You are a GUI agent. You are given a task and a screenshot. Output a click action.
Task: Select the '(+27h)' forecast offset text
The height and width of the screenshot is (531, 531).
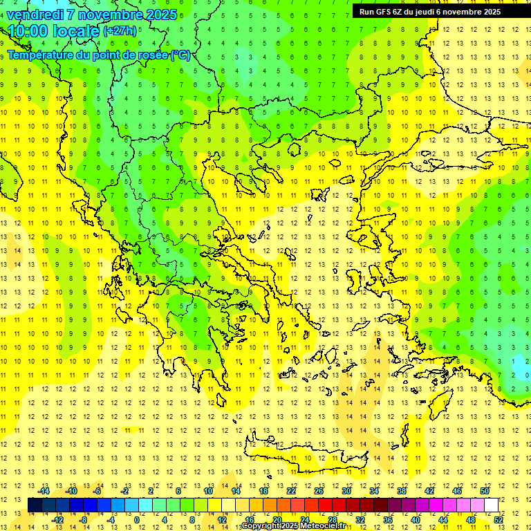(120, 31)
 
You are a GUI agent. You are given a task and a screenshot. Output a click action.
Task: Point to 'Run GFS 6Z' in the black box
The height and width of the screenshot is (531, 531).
(382, 12)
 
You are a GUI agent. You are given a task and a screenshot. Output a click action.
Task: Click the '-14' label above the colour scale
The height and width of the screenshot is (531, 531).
(44, 491)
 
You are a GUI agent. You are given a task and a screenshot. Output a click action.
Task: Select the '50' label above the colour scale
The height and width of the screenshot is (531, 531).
(484, 491)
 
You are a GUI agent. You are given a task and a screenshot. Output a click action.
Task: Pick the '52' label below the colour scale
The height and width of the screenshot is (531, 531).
(499, 520)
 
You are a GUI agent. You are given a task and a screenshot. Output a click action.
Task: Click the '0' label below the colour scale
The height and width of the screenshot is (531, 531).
(137, 520)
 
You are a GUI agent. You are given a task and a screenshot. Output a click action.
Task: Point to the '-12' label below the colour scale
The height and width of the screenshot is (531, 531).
(57, 520)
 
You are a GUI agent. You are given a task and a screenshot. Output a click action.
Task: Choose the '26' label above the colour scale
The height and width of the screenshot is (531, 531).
(318, 491)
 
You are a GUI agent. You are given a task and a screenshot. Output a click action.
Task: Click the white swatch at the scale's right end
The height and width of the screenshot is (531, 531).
(491, 505)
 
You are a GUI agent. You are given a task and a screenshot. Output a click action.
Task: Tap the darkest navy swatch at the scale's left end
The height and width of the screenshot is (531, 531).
(35, 505)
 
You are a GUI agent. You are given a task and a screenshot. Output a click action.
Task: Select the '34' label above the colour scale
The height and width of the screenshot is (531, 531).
(373, 491)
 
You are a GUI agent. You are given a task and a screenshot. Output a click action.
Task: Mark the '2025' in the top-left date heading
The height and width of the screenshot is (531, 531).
(160, 14)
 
